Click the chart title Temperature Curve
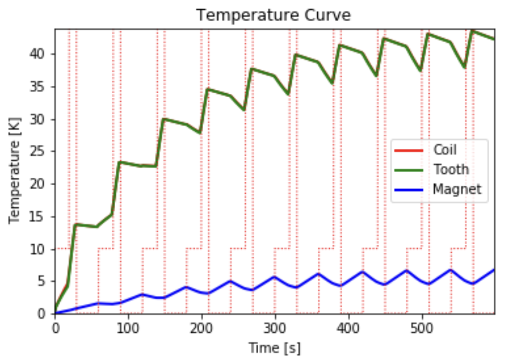273,15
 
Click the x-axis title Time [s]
275,348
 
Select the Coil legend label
445,150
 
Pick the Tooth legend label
451,169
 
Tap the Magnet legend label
457,189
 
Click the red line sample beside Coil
408,150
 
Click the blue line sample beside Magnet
408,190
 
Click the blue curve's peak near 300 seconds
275,276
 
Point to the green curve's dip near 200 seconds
200,132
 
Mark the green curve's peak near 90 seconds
120,162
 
